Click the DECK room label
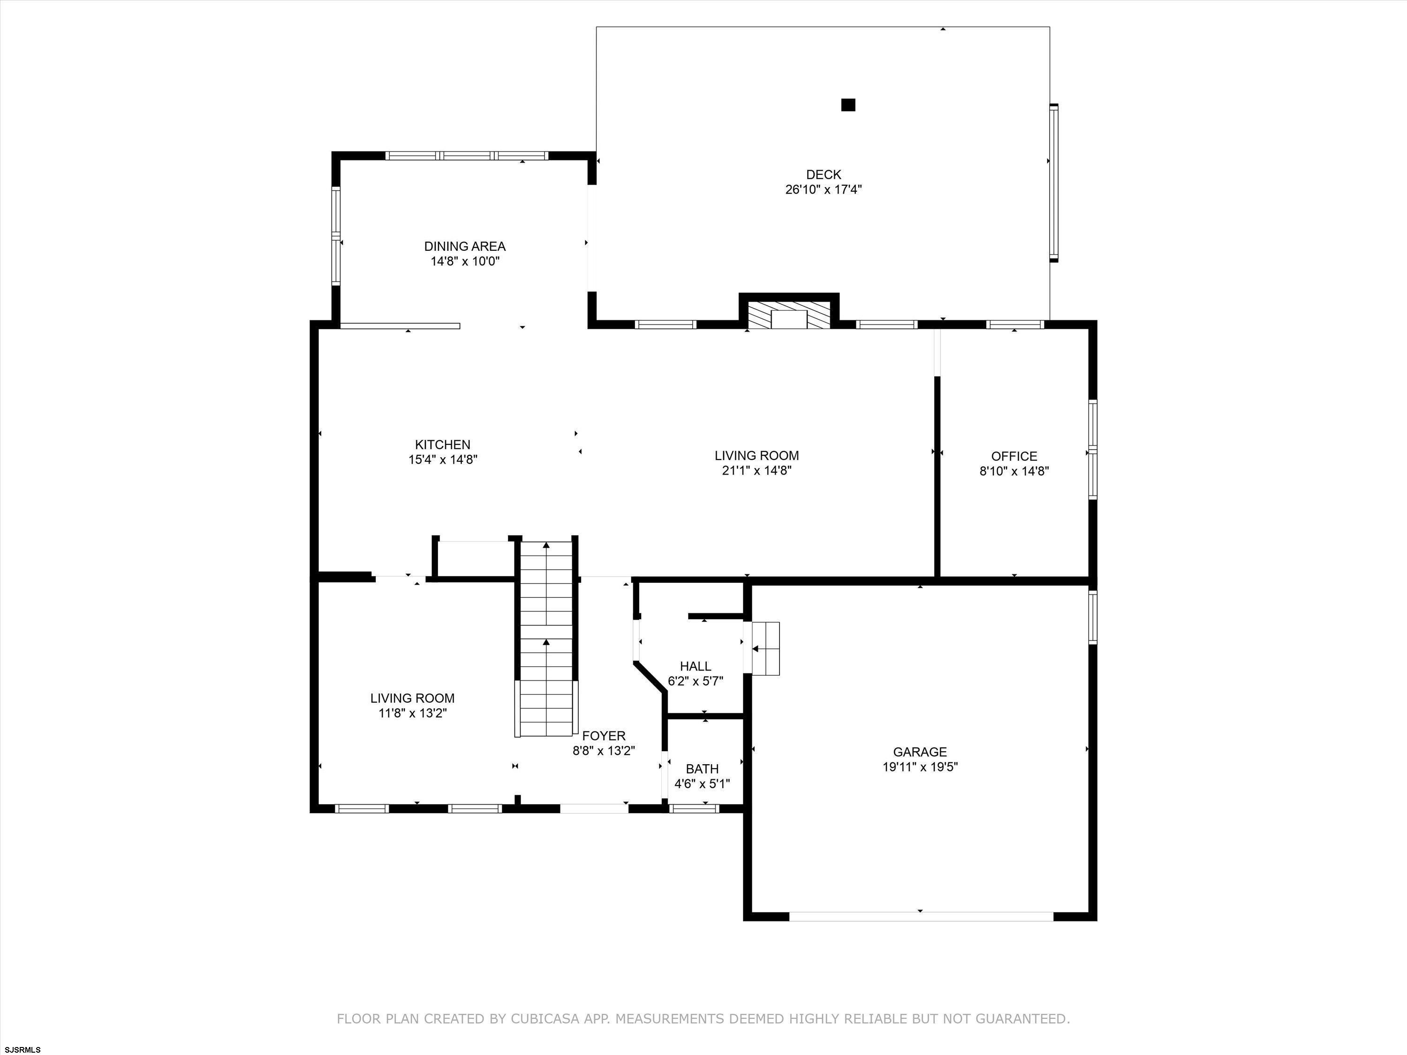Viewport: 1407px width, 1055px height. [823, 174]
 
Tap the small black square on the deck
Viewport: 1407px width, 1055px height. [848, 105]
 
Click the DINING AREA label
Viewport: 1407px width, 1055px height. [465, 246]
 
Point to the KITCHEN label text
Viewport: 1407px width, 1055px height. [443, 445]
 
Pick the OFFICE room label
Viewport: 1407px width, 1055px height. [1014, 456]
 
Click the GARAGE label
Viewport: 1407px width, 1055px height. [920, 752]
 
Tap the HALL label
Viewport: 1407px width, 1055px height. [695, 666]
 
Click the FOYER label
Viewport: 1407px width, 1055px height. [604, 736]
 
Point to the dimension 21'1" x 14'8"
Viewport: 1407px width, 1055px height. [756, 471]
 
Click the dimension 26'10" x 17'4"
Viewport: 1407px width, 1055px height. [823, 189]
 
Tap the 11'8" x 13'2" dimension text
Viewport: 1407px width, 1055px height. [412, 713]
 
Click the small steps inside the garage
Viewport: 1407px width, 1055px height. [765, 648]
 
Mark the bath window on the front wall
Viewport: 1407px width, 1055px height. [694, 809]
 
